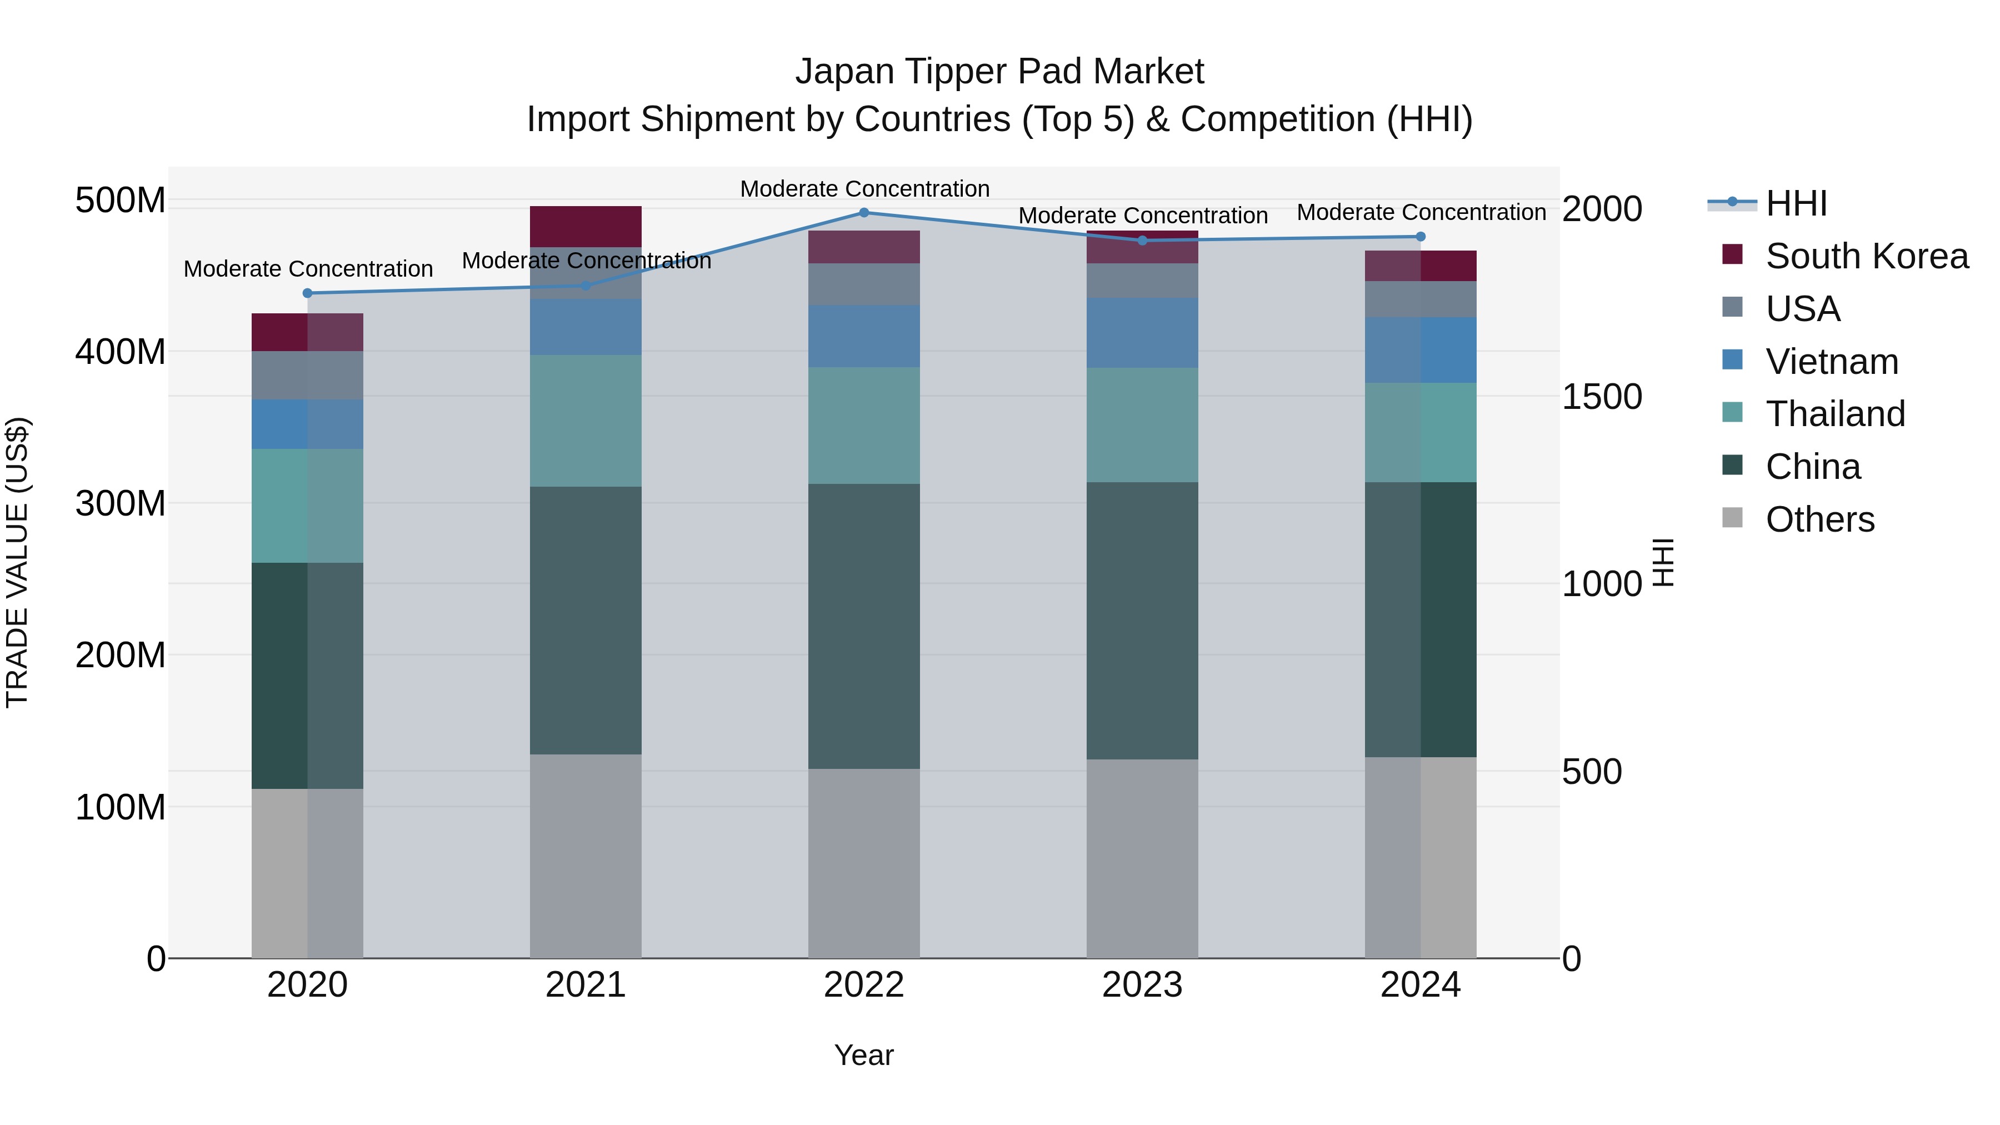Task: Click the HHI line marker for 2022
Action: click(x=864, y=213)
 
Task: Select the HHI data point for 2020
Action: click(x=307, y=293)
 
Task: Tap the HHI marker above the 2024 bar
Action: click(x=1421, y=237)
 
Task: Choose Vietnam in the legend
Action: click(x=1832, y=362)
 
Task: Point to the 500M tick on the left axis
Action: click(x=121, y=201)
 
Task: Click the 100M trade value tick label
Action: click(x=121, y=807)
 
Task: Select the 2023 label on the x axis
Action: click(x=1142, y=985)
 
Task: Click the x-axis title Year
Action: click(x=864, y=1056)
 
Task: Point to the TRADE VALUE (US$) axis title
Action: click(x=17, y=562)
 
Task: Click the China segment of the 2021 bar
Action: click(x=586, y=621)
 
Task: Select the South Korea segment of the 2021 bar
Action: click(x=586, y=226)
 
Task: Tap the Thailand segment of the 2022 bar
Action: click(x=864, y=426)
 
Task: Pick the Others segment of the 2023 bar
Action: click(x=1142, y=858)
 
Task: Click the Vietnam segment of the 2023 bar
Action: click(x=1142, y=332)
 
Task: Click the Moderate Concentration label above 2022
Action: click(x=864, y=189)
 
